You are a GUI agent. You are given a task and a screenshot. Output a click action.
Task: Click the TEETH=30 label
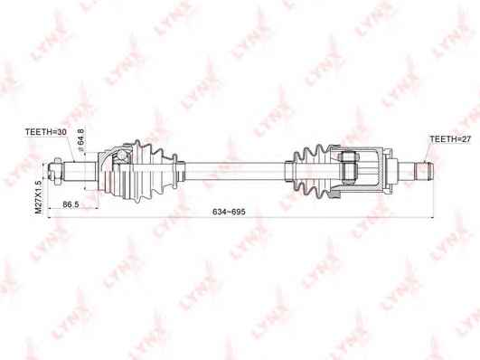click(44, 133)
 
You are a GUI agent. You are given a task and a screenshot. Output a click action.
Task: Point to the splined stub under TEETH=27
click(419, 169)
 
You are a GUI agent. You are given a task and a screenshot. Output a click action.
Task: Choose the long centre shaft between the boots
click(231, 168)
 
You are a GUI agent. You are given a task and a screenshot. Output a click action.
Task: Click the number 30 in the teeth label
click(61, 133)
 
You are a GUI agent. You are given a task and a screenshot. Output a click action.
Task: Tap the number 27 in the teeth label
click(465, 140)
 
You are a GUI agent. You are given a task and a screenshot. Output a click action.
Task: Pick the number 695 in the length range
click(238, 211)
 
